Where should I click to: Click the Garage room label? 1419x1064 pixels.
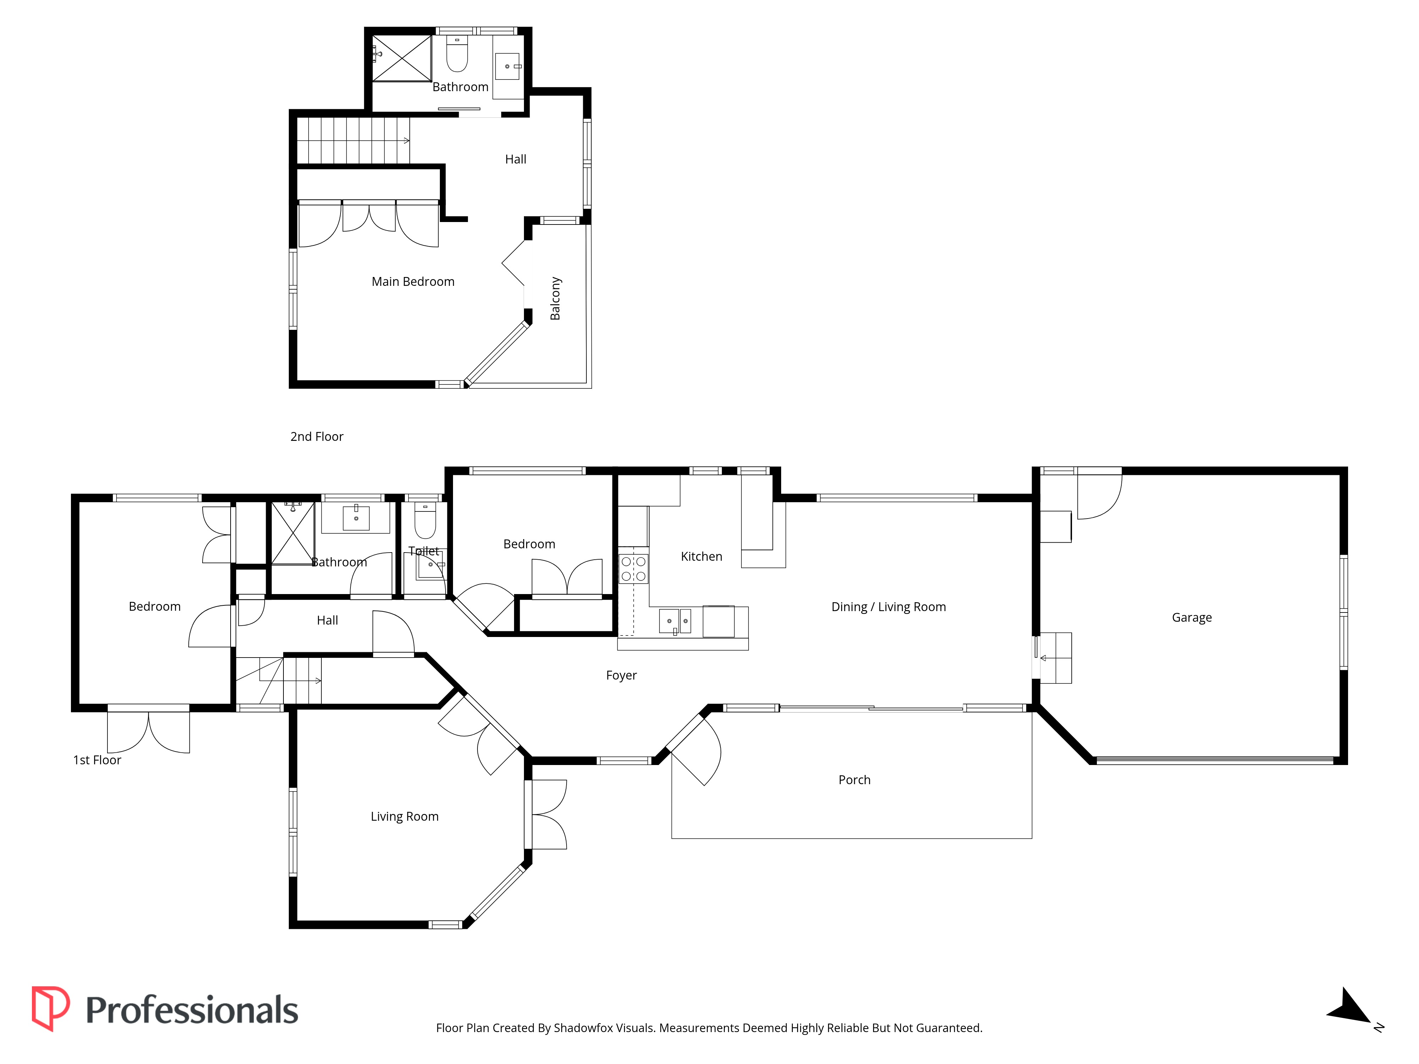1191,617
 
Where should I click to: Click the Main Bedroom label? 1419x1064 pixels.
413,282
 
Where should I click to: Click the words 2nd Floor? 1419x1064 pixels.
317,437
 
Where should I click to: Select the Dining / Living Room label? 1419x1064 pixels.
889,607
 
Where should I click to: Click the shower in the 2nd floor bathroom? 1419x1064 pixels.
402,59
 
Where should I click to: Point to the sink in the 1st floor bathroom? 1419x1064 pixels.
356,517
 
